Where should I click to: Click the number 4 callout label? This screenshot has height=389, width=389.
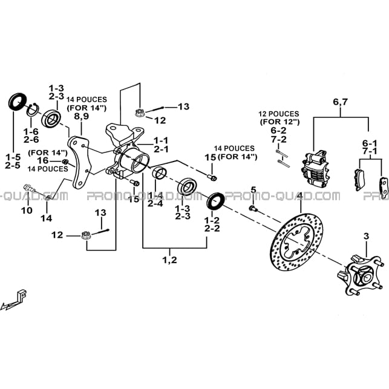(x=300, y=196)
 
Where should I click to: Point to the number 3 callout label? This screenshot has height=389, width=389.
(x=367, y=236)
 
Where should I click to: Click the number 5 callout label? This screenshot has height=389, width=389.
(x=253, y=190)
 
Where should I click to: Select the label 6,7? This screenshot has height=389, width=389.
(x=341, y=102)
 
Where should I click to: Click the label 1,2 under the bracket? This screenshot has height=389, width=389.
(x=169, y=260)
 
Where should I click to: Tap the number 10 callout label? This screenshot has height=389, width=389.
(x=27, y=211)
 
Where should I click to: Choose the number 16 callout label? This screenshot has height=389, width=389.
(x=43, y=160)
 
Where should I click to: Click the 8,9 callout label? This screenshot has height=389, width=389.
(x=82, y=116)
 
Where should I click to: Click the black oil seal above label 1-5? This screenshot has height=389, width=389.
(x=17, y=102)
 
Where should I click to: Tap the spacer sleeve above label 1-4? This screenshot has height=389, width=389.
(x=160, y=174)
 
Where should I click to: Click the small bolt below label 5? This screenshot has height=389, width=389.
(x=253, y=208)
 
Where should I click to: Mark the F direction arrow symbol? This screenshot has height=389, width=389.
(x=15, y=300)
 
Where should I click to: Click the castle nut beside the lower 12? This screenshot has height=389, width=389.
(x=86, y=235)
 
